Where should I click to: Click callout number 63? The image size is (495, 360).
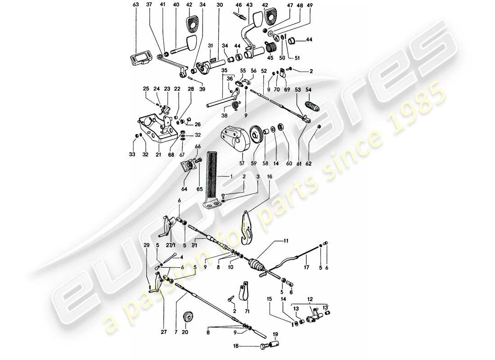136,5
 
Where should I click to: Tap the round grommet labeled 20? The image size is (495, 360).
187,317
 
